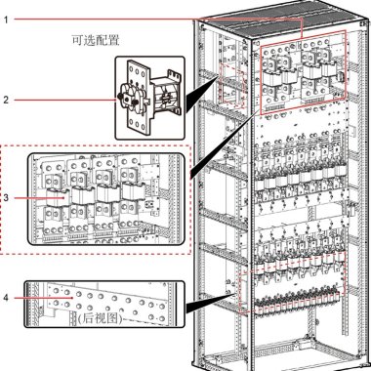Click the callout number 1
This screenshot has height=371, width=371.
coord(6,20)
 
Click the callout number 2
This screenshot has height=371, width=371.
coord(6,100)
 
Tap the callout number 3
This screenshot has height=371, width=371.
coord(6,197)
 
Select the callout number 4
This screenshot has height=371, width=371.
coord(6,298)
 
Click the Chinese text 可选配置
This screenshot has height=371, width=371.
coord(96,40)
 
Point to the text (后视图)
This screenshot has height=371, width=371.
coord(101,317)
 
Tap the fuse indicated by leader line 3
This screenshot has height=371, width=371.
coord(57,197)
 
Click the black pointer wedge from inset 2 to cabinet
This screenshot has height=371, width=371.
coord(201,94)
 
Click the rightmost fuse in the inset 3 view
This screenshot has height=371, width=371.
coord(134,191)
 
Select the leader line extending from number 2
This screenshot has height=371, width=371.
coord(65,100)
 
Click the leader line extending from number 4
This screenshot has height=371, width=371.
coord(43,298)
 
